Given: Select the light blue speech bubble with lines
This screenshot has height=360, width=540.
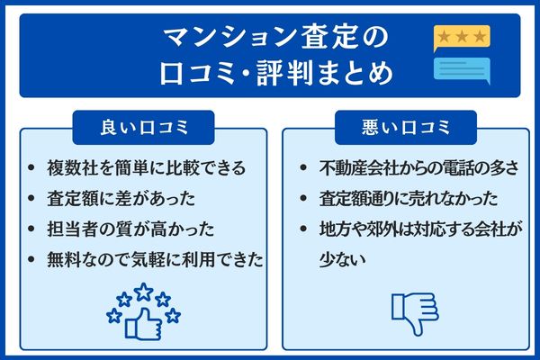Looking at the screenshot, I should coord(462,68).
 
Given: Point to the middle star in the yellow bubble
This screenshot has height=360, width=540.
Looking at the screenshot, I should coord(461,35).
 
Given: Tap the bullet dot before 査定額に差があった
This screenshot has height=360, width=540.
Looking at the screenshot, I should coord(32,199).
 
